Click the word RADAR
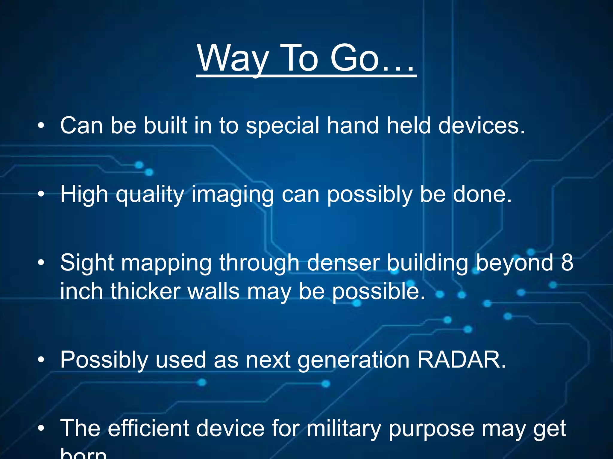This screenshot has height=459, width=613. coord(461,360)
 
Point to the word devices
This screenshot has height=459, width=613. coord(482,126)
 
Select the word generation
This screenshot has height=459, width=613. coord(353,360)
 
